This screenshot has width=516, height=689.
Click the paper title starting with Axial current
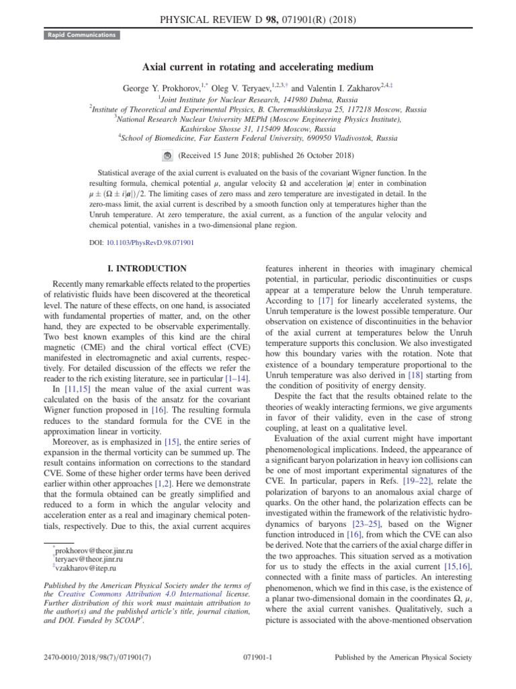click(x=257, y=67)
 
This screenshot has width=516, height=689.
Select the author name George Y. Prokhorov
click(x=161, y=89)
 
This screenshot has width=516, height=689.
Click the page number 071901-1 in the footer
click(x=257, y=657)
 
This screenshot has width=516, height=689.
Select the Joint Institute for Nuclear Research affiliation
click(x=258, y=99)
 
